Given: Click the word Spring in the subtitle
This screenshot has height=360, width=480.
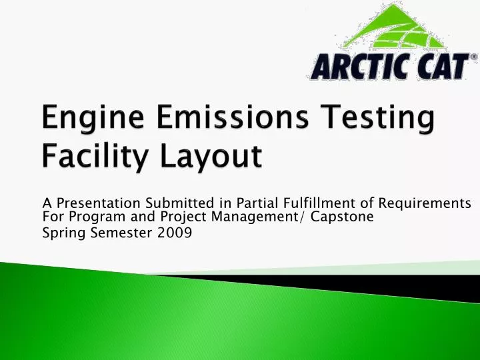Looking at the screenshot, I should click(61, 233).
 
